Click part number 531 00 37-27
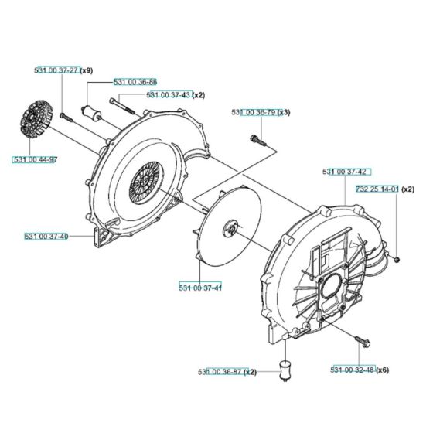tap(57, 70)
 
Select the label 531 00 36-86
tap(135, 81)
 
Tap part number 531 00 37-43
tap(168, 94)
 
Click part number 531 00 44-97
tap(35, 159)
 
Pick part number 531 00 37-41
tap(200, 288)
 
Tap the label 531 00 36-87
tap(220, 372)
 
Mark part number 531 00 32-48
tap(353, 370)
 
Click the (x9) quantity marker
tap(87, 70)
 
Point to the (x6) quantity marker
tap(384, 370)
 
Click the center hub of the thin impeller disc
tap(230, 226)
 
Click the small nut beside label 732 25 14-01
tap(394, 258)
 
